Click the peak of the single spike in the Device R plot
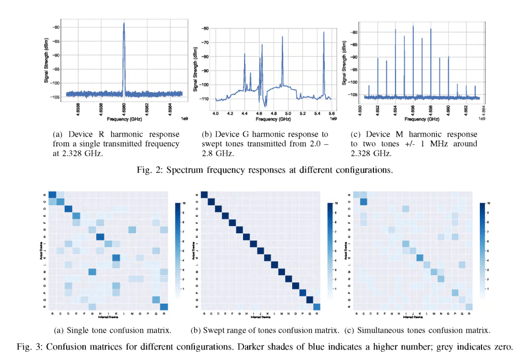pos(124,23)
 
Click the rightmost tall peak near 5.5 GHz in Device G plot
pos(323,33)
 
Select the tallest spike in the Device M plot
pos(413,25)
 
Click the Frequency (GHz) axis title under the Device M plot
pos(422,119)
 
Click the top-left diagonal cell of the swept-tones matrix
pos(204,194)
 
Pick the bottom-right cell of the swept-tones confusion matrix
pos(317,307)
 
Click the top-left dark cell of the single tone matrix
pos(52,194)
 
